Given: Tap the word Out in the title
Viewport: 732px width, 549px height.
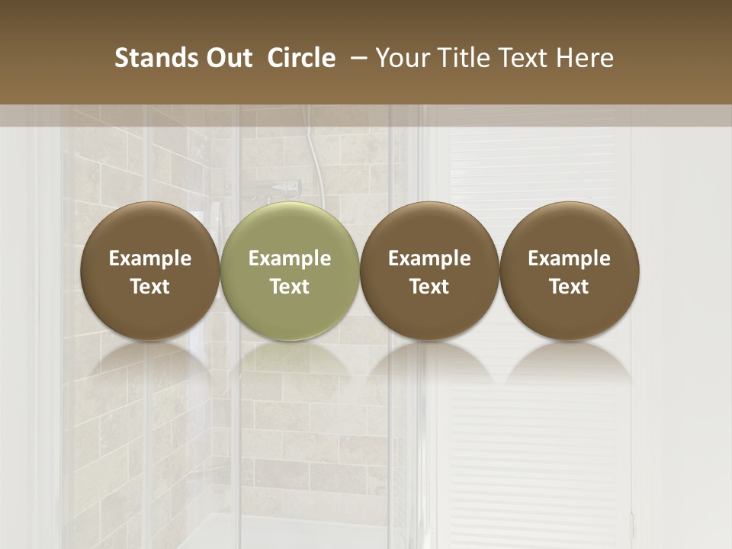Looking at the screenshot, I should (x=227, y=58).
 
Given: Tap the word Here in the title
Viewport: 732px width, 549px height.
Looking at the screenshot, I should (x=586, y=58).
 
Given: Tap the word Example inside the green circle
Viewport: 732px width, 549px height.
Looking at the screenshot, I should (x=290, y=258).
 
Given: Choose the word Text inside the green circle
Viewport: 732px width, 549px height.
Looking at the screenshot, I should (x=290, y=287).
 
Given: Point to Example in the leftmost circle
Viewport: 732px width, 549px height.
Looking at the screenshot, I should (x=150, y=258).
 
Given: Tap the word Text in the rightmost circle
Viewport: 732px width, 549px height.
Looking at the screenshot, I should (x=570, y=287).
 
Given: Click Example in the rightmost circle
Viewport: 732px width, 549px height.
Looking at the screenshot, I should (x=570, y=258).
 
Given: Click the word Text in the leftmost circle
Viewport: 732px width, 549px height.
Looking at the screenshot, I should (x=150, y=287).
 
